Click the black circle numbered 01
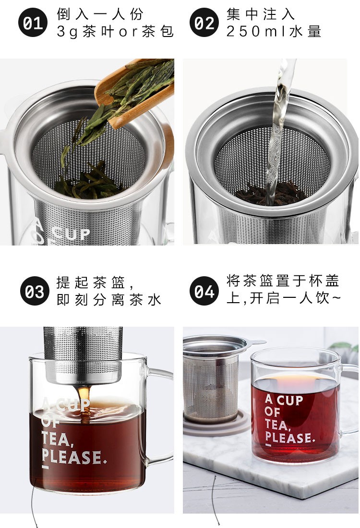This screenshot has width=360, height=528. pos(34,23)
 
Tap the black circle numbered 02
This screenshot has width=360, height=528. pos(204,23)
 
